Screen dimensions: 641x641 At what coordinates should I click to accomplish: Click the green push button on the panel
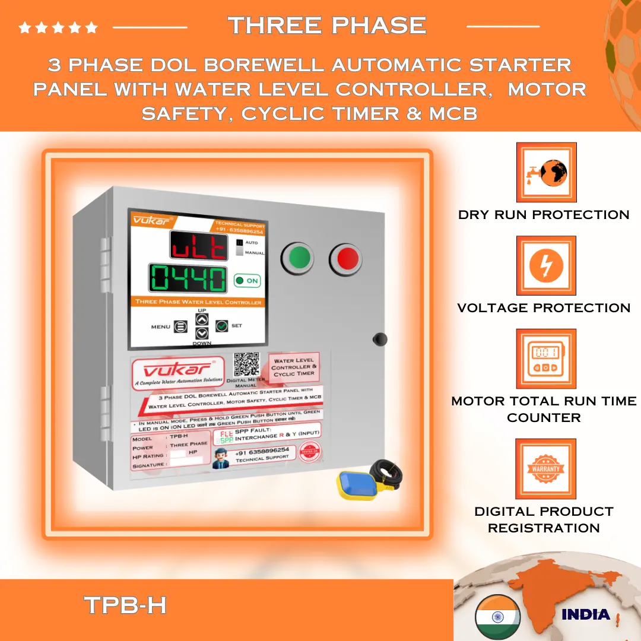click(x=300, y=259)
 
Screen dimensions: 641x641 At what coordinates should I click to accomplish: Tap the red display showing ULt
click(x=199, y=245)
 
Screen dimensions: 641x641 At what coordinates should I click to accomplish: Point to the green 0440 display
click(x=188, y=278)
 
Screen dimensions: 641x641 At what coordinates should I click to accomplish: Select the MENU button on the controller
click(x=180, y=326)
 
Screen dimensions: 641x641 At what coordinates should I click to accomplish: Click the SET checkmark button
click(x=222, y=325)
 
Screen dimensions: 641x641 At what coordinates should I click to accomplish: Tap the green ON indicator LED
click(x=240, y=281)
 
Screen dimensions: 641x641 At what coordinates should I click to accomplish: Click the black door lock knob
click(x=379, y=339)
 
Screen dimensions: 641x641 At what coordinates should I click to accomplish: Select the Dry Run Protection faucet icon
click(x=546, y=173)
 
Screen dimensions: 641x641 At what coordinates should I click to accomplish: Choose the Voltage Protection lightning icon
click(x=546, y=266)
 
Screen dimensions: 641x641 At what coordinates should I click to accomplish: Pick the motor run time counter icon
click(x=546, y=359)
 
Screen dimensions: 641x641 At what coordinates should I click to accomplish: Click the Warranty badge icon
click(x=546, y=469)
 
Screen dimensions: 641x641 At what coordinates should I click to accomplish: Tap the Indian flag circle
click(x=497, y=616)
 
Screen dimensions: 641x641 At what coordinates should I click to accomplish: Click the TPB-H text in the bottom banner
click(x=125, y=605)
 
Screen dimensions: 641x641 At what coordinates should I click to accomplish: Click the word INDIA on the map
click(x=585, y=614)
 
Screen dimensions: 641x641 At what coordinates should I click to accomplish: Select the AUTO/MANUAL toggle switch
click(x=240, y=247)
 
